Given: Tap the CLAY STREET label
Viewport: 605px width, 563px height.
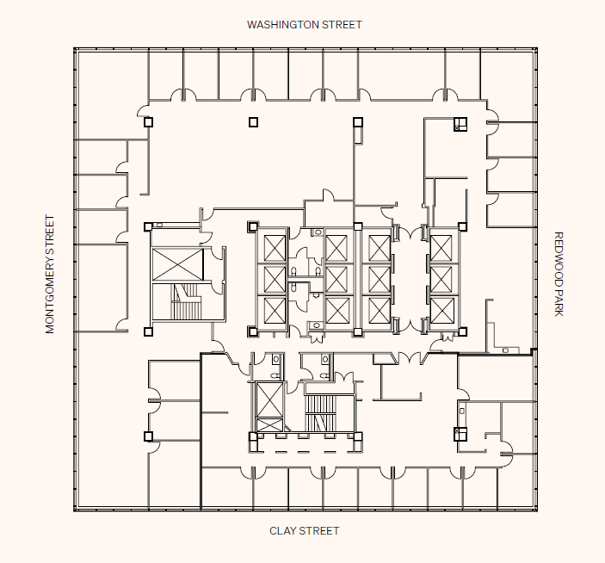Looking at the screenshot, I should pyautogui.click(x=304, y=531).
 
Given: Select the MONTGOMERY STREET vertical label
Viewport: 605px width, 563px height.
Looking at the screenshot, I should pyautogui.click(x=50, y=275).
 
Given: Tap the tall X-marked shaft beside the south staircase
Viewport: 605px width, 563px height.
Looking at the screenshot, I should pyautogui.click(x=269, y=400).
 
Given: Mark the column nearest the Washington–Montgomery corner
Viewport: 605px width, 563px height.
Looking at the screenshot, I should pyautogui.click(x=148, y=122).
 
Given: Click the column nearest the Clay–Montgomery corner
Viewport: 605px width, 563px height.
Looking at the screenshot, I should pyautogui.click(x=148, y=436).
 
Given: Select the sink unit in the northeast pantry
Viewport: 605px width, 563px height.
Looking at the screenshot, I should pyautogui.click(x=460, y=125).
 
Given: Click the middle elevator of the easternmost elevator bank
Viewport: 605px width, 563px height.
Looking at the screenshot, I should pyautogui.click(x=441, y=277).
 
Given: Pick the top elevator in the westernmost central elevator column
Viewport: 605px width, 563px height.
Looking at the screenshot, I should pyautogui.click(x=275, y=247).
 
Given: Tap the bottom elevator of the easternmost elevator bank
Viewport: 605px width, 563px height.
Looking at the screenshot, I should pyautogui.click(x=441, y=309).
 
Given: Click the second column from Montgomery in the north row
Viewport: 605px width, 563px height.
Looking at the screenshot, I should pyautogui.click(x=253, y=122).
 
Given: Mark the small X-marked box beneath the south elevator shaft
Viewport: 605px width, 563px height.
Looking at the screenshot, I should pyautogui.click(x=269, y=424).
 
